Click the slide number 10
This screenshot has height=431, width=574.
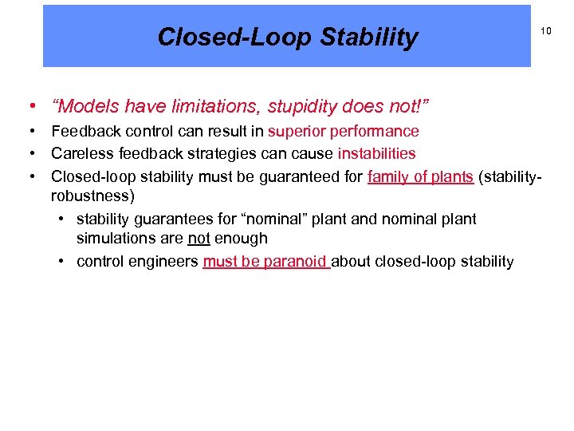(546, 31)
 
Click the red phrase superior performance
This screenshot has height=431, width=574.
(343, 131)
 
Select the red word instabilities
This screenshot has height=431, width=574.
(376, 153)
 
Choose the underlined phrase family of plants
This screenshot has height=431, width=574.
(420, 176)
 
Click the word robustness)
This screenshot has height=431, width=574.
(89, 196)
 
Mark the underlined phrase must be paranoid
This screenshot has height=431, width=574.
(265, 262)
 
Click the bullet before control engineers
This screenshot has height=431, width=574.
(61, 262)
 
